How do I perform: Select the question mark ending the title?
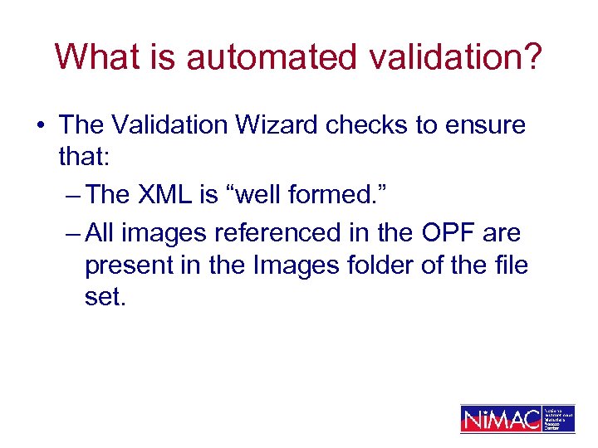(x=532, y=57)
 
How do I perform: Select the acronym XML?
(x=163, y=195)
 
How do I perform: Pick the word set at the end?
(x=105, y=298)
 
